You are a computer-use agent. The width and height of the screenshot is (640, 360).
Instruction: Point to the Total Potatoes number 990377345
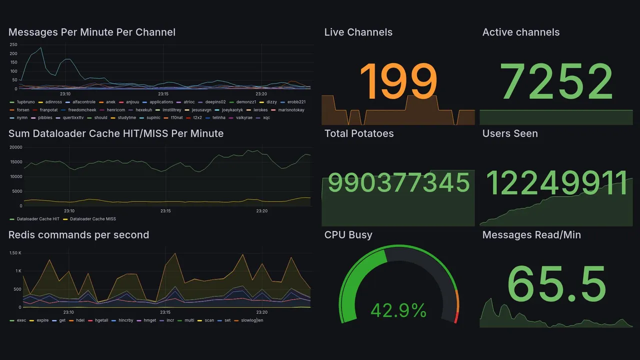(x=398, y=183)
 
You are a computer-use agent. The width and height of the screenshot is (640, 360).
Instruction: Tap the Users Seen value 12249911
(x=556, y=183)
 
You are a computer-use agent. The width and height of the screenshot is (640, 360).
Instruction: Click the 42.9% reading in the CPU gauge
(x=398, y=310)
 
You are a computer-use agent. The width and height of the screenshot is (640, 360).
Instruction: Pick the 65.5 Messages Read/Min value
(x=556, y=283)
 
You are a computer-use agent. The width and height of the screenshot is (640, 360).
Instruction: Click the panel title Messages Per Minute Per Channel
(x=92, y=32)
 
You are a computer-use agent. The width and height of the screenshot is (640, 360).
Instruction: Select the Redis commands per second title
(x=78, y=235)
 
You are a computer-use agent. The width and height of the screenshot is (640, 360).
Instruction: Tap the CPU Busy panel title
(x=348, y=235)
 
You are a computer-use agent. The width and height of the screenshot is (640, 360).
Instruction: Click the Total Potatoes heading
(x=359, y=133)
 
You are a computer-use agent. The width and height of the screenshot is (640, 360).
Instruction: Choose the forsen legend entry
(x=23, y=110)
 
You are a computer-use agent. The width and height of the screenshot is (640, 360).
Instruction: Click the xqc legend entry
(x=266, y=118)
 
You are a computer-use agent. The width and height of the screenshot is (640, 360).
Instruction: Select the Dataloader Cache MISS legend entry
(x=92, y=219)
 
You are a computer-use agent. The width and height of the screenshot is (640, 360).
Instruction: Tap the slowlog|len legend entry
(x=252, y=320)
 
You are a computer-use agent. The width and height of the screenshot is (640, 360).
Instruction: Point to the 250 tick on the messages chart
(x=13, y=44)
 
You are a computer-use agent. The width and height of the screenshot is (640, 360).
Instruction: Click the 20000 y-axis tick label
(x=16, y=147)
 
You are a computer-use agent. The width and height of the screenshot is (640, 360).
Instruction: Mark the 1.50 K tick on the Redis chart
(x=15, y=253)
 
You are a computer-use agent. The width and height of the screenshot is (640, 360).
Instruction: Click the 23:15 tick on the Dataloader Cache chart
(x=165, y=211)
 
